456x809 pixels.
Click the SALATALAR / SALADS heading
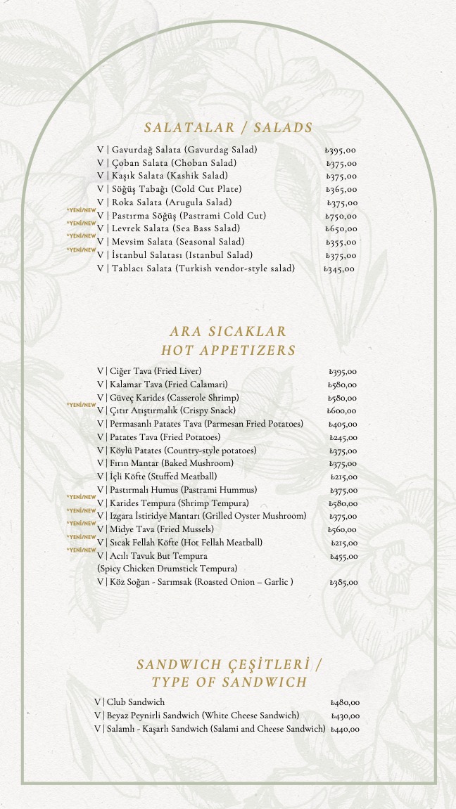(x=228, y=128)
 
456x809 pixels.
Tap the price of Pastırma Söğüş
(x=341, y=216)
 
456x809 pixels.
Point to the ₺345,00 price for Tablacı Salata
(x=340, y=268)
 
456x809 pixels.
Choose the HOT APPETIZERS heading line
(x=228, y=350)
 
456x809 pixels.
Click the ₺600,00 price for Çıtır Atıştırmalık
(x=342, y=411)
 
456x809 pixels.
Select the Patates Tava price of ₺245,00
(x=343, y=438)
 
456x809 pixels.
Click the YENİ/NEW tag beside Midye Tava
(x=81, y=524)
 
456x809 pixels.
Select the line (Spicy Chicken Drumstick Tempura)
(x=167, y=568)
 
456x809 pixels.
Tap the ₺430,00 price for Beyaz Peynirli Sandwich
(x=345, y=716)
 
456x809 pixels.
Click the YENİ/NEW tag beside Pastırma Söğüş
(x=81, y=210)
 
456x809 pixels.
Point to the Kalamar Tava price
(x=343, y=385)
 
